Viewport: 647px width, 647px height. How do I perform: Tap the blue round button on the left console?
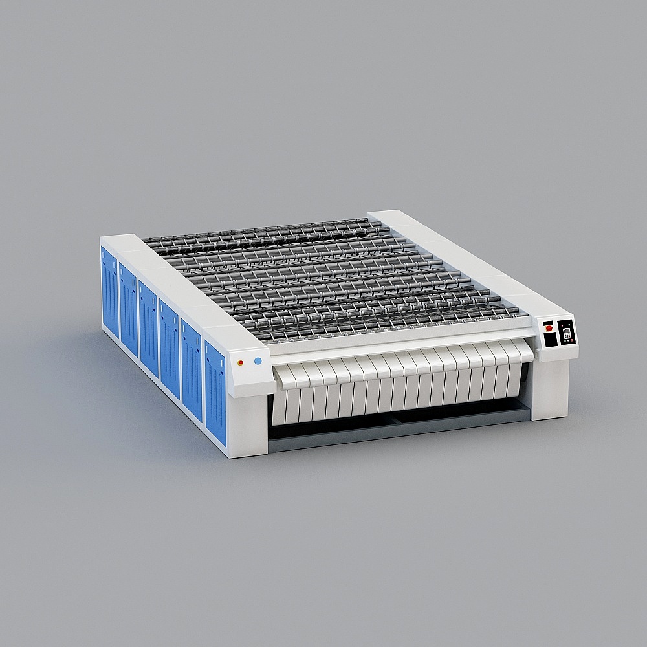point(258,361)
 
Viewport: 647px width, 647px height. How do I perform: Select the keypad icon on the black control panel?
point(567,334)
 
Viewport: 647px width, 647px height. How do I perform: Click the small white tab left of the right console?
point(537,355)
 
